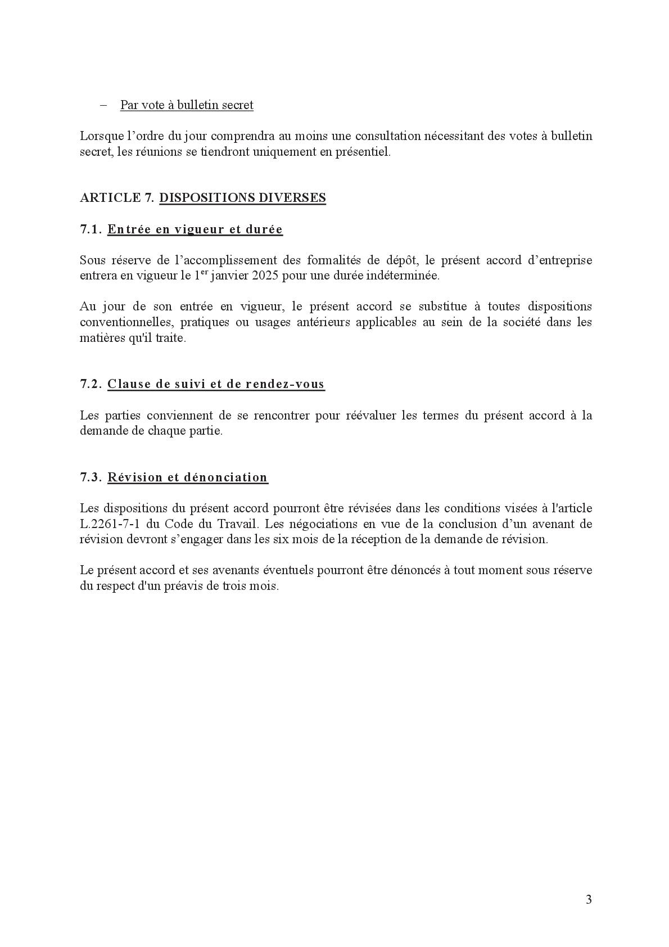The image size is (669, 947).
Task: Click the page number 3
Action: click(x=588, y=899)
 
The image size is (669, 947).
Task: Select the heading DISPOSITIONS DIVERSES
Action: click(x=242, y=198)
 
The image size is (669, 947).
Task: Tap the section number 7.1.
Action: click(x=91, y=229)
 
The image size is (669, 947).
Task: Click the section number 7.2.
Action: click(x=91, y=384)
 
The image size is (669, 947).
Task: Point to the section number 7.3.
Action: click(x=91, y=477)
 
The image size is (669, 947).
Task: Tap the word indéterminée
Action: click(x=402, y=276)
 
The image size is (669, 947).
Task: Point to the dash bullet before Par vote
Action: click(x=103, y=105)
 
